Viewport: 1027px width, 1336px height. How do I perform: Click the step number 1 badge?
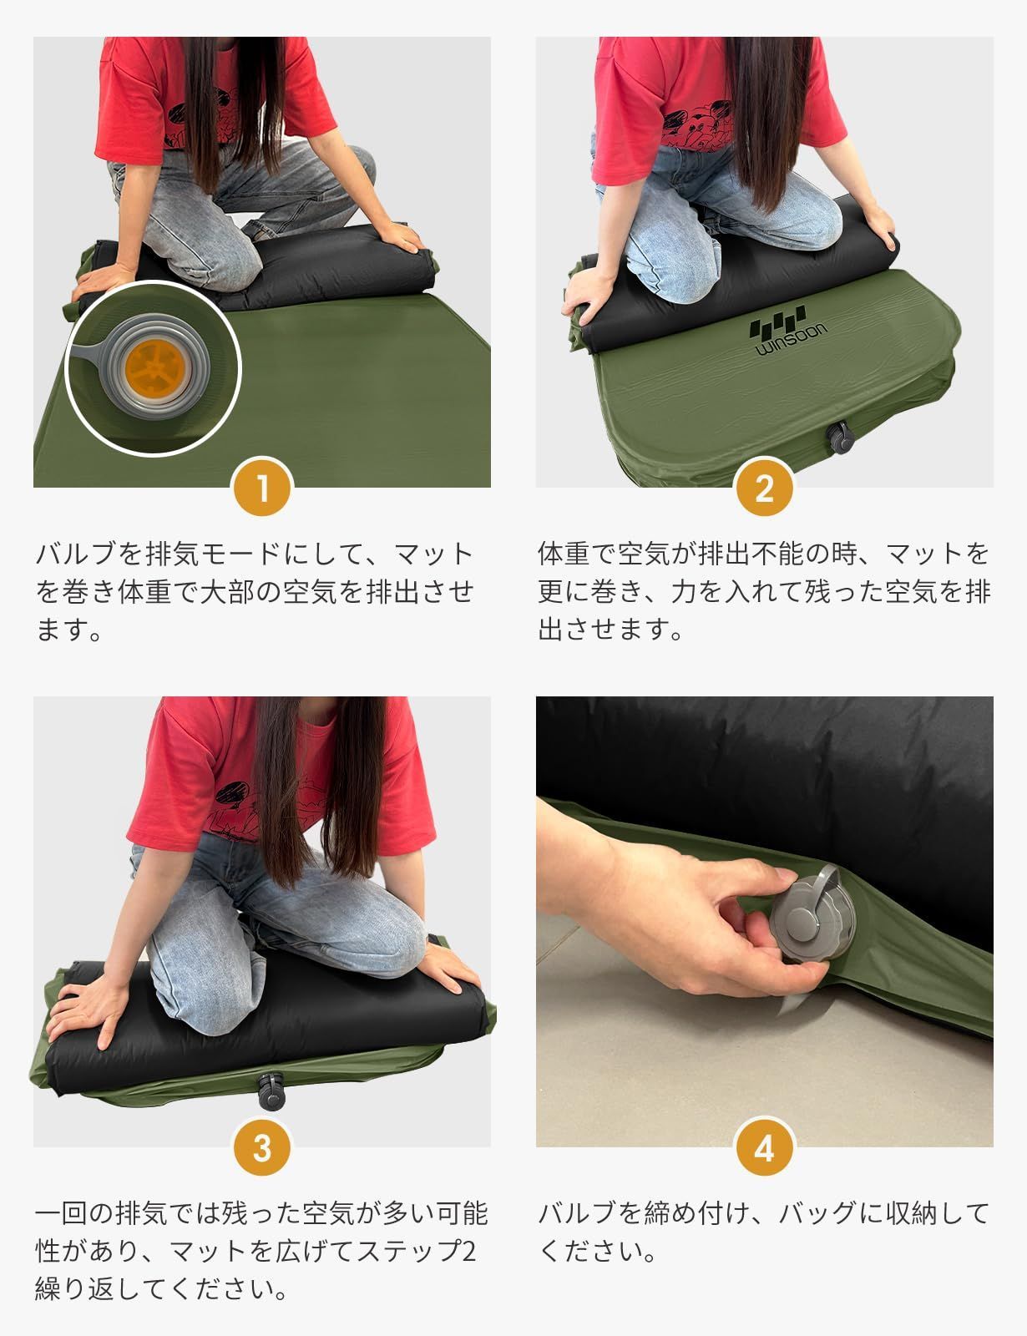pyautogui.click(x=262, y=488)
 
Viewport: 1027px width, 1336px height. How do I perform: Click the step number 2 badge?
pyautogui.click(x=764, y=488)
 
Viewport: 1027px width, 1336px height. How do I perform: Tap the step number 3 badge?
pyautogui.click(x=262, y=1147)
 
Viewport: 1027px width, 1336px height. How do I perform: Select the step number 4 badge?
pyautogui.click(x=764, y=1147)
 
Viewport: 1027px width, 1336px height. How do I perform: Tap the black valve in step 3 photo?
pyautogui.click(x=271, y=1091)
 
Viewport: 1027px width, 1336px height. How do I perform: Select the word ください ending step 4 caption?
pyautogui.click(x=597, y=1250)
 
